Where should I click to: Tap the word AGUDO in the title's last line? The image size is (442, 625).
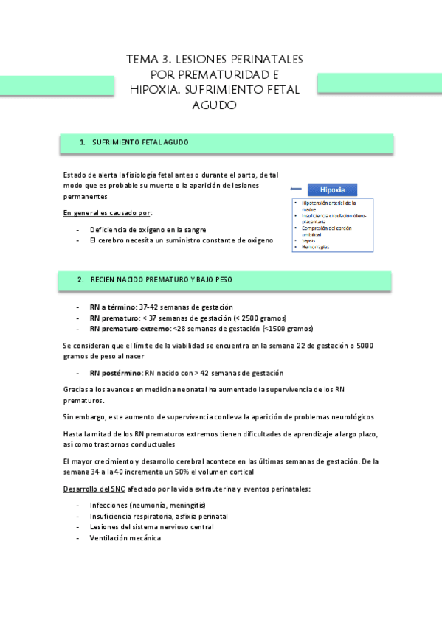(x=214, y=105)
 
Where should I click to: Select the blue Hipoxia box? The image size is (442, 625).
(x=332, y=189)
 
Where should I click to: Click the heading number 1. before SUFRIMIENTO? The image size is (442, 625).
(x=83, y=142)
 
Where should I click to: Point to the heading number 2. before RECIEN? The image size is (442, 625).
(x=81, y=280)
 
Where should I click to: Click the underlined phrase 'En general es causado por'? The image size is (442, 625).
(x=107, y=214)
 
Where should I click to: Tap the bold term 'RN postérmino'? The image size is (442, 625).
(x=116, y=373)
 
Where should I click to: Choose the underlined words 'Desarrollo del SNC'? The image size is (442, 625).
(x=94, y=489)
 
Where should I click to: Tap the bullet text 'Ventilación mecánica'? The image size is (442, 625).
(x=125, y=538)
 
